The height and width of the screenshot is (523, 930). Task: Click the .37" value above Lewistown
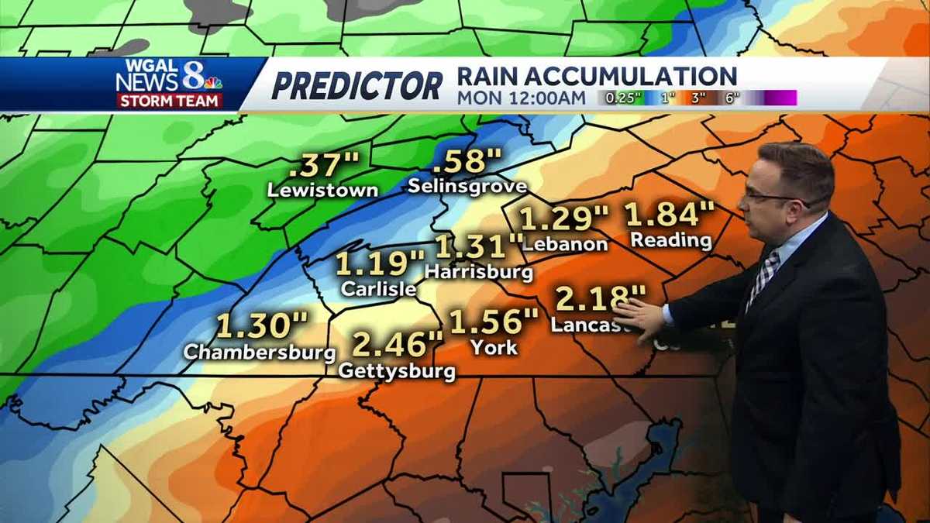[324, 164]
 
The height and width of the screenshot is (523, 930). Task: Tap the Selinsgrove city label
[467, 186]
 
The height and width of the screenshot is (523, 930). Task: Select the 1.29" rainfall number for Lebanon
[564, 218]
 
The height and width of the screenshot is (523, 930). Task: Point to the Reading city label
[671, 239]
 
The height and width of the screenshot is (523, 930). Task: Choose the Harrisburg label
[479, 272]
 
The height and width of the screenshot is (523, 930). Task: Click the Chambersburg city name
[260, 352]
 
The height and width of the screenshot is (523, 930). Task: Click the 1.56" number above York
[494, 321]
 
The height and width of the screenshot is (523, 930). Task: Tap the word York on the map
[494, 347]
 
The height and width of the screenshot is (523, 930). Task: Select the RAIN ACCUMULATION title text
[597, 76]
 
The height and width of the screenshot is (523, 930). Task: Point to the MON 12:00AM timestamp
[521, 98]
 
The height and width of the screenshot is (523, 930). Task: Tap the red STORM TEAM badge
[170, 101]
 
